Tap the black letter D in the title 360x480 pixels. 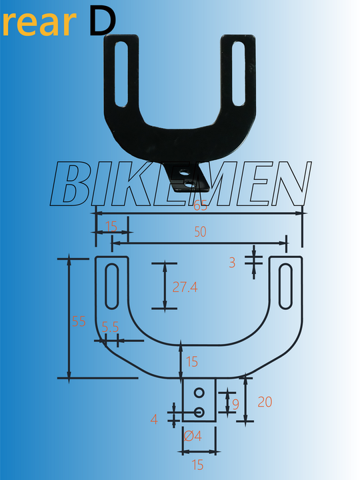(x=101, y=21)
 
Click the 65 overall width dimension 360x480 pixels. (x=200, y=207)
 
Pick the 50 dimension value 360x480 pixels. (x=199, y=232)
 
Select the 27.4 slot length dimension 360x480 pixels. (x=185, y=287)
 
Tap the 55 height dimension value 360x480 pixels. (x=79, y=321)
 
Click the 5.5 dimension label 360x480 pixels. (x=110, y=327)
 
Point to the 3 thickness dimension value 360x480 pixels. (x=232, y=263)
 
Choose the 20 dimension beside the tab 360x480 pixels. (x=265, y=402)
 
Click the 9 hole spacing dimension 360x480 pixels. (x=235, y=404)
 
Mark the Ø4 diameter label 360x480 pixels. (x=192, y=436)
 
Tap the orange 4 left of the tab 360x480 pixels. (x=154, y=419)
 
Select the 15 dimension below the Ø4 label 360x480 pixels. (x=198, y=465)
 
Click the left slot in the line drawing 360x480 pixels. (x=113, y=287)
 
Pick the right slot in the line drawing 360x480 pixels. (x=286, y=287)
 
